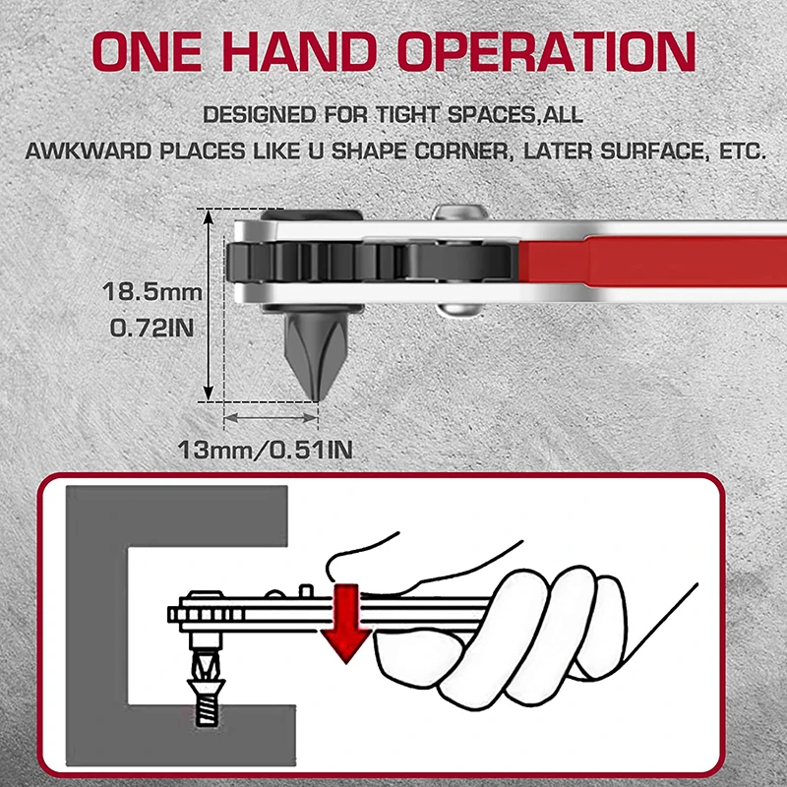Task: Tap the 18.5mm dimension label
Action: pos(151,292)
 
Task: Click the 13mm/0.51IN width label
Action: pos(265,450)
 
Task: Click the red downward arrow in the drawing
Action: pos(346,619)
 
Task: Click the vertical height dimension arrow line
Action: pos(210,305)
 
